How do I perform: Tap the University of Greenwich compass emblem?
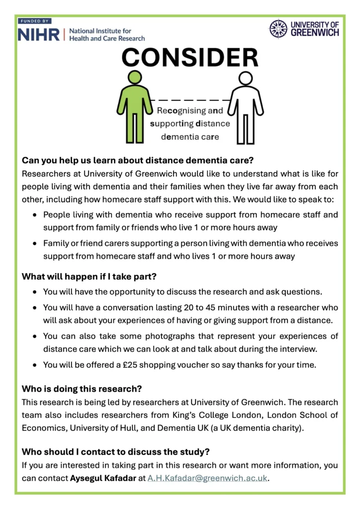(x=278, y=29)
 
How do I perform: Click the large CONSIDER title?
(x=190, y=58)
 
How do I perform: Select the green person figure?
(x=134, y=106)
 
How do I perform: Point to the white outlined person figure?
(x=245, y=107)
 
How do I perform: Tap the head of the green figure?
(x=135, y=78)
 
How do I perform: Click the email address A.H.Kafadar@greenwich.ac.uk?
(x=207, y=478)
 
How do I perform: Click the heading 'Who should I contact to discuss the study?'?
(x=116, y=452)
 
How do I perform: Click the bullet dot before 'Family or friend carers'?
(x=34, y=244)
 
